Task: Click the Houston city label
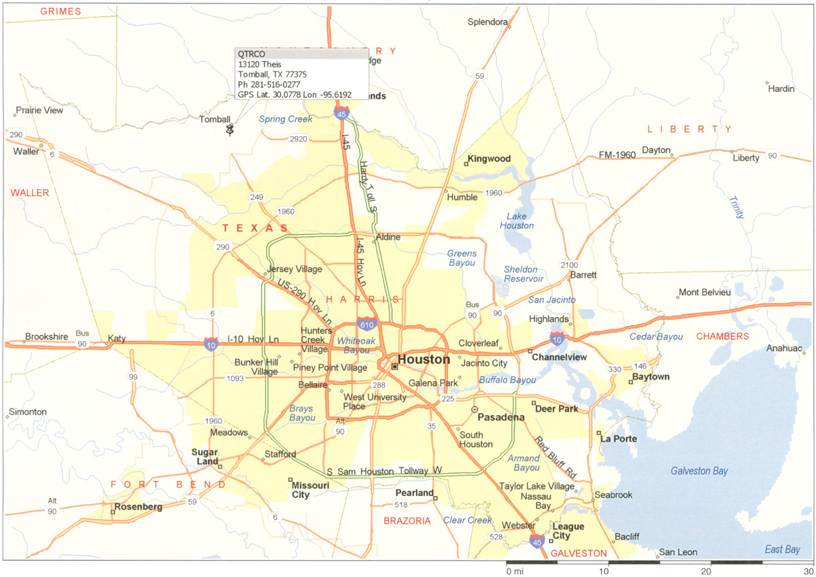[424, 359]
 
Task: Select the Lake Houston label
[517, 221]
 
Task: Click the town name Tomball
[214, 119]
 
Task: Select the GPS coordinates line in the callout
[299, 95]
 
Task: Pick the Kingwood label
[490, 159]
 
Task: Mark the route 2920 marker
[299, 139]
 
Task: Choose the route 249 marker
[256, 197]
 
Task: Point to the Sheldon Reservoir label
[523, 274]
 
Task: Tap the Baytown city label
[651, 376]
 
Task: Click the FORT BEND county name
[168, 484]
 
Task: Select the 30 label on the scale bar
[808, 571]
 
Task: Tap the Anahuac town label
[781, 348]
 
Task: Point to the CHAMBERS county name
[721, 336]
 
